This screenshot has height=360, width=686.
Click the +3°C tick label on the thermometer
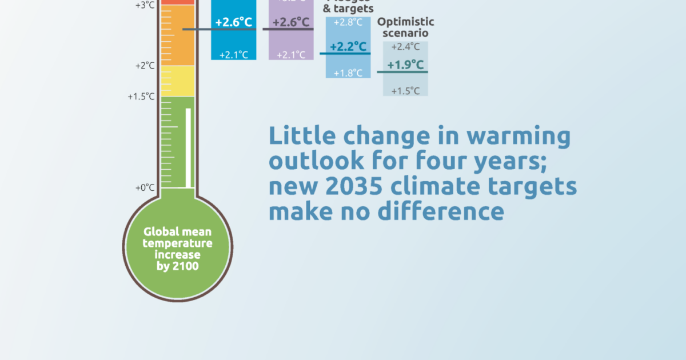[145, 5]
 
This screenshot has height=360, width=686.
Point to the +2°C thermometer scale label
[145, 66]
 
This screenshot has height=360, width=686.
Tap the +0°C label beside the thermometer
[145, 187]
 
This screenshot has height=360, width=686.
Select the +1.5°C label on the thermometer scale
[141, 97]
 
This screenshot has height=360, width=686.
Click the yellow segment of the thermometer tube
[177, 81]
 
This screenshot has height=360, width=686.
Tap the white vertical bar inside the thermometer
[188, 147]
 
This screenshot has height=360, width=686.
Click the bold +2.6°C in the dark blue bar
[233, 22]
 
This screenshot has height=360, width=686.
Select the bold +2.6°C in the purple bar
[291, 23]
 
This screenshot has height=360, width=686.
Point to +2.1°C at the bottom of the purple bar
[291, 55]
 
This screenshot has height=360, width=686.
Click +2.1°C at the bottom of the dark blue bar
[233, 55]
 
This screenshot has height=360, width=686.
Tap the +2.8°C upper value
[348, 22]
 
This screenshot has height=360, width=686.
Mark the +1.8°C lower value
[348, 73]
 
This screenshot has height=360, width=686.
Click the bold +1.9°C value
[405, 65]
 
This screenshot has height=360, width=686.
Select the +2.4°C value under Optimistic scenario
[405, 47]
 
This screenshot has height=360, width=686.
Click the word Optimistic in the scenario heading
[406, 22]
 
